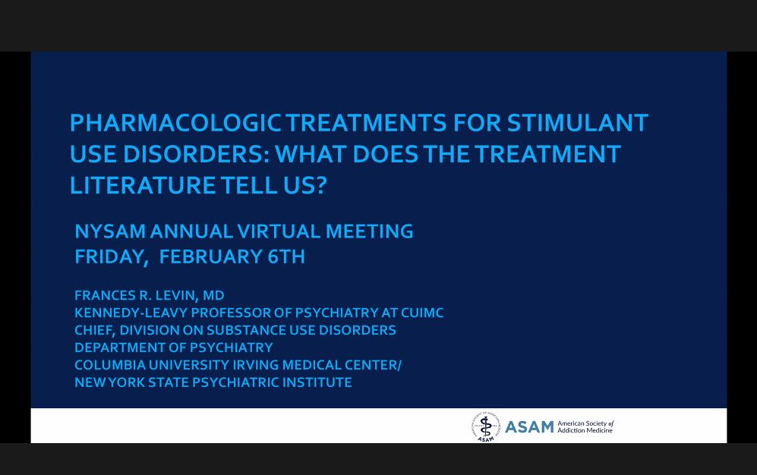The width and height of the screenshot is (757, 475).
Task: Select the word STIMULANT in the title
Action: pos(577,123)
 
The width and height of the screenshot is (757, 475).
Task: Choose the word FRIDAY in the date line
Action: pos(110,257)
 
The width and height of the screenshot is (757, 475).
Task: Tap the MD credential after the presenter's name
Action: pos(213,295)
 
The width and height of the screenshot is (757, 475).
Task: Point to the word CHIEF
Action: pos(94,330)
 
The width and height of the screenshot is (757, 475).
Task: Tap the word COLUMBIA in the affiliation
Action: pos(109,365)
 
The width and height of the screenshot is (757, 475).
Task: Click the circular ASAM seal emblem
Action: pos(485,426)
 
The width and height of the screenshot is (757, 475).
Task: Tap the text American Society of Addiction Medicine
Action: pos(585,427)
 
